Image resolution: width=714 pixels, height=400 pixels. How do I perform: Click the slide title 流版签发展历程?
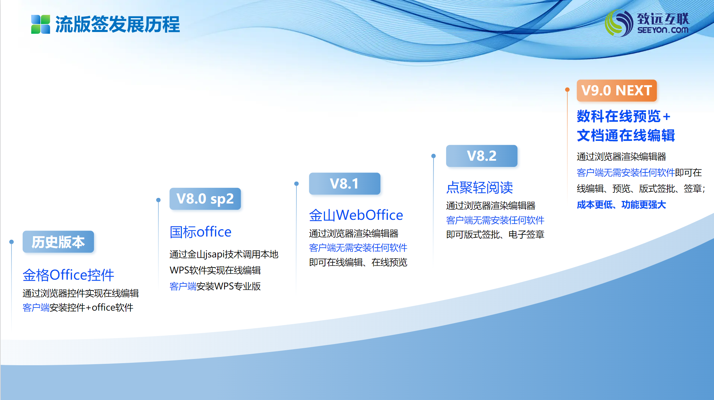click(118, 24)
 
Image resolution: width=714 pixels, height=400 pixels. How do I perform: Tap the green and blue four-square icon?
click(41, 24)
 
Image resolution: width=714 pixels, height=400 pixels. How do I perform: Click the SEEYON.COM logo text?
click(663, 30)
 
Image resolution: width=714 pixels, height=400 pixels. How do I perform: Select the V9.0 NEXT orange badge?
click(617, 90)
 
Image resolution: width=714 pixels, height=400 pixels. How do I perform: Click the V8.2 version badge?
click(482, 156)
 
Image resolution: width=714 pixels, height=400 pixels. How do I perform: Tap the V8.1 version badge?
click(344, 184)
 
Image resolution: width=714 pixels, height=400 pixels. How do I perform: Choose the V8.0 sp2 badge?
click(205, 199)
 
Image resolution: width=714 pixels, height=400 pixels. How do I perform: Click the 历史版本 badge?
click(58, 242)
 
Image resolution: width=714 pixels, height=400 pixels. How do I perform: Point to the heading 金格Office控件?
click(69, 275)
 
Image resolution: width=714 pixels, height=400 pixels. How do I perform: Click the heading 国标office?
click(200, 232)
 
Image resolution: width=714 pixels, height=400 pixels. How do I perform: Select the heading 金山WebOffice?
click(356, 215)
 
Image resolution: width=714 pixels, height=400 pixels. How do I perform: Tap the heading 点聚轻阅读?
click(479, 187)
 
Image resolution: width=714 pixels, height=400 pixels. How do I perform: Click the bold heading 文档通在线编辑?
click(626, 135)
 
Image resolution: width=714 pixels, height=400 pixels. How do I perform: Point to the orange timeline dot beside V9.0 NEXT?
click(567, 90)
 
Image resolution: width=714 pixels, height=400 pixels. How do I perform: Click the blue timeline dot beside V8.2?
click(434, 156)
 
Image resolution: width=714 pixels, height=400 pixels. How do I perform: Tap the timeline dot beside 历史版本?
click(11, 242)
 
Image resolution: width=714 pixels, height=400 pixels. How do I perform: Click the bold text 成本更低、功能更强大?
click(621, 205)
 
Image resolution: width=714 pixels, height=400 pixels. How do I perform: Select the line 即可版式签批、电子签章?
click(495, 235)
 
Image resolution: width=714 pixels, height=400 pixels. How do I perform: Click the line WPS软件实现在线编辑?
click(215, 270)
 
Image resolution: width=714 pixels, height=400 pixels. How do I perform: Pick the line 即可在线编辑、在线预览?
click(358, 262)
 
